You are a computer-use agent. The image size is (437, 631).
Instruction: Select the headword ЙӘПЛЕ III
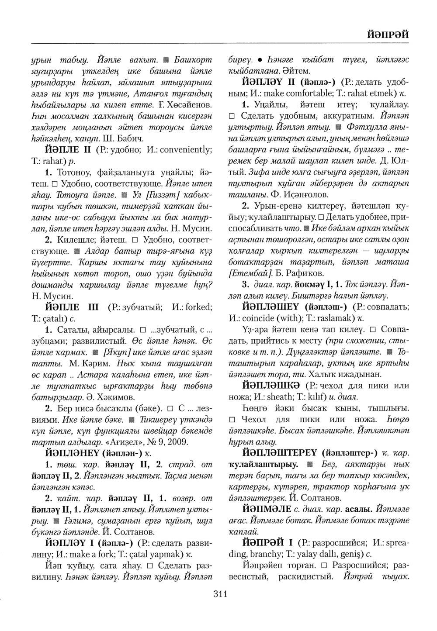(74, 307)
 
